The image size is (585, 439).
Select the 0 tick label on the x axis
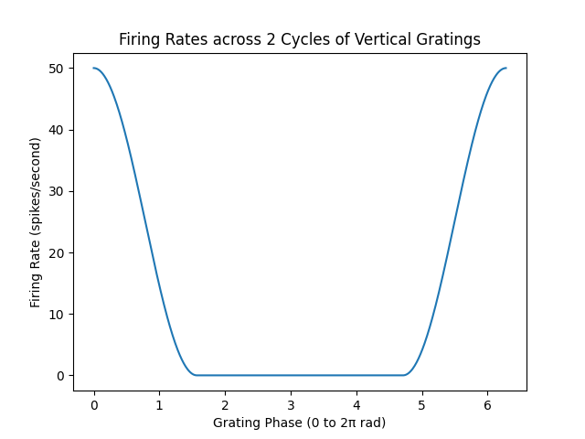[x=94, y=405]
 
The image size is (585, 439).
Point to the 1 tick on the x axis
[x=159, y=405]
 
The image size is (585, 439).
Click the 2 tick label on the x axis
[x=225, y=405]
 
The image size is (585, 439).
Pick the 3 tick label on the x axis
[x=291, y=405]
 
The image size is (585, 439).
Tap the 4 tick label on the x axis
[x=356, y=405]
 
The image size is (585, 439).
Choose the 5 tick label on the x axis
[x=422, y=405]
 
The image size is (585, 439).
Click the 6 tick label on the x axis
[x=487, y=405]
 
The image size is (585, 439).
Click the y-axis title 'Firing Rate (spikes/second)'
[x=37, y=222]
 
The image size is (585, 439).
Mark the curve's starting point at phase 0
[x=94, y=68]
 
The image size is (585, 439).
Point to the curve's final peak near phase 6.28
[x=505, y=68]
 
